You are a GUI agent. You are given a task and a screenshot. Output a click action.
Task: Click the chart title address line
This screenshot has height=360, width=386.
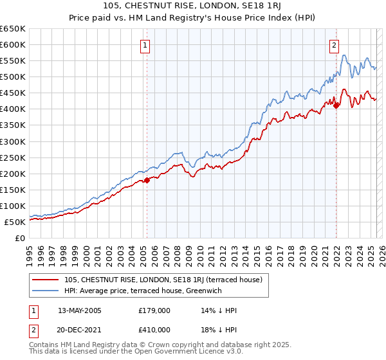[192, 6]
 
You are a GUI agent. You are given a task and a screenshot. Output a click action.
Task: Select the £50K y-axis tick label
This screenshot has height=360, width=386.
[15, 222]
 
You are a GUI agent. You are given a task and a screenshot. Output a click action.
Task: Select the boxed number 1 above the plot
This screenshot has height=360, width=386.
[146, 46]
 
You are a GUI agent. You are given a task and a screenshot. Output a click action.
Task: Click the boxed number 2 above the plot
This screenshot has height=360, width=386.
[335, 46]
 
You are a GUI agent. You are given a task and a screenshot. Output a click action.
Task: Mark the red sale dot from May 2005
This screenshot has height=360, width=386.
[147, 180]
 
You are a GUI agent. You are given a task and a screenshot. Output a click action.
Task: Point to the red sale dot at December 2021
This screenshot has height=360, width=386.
[336, 105]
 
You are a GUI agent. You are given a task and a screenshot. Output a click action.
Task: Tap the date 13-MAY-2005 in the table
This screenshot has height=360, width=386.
[79, 310]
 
